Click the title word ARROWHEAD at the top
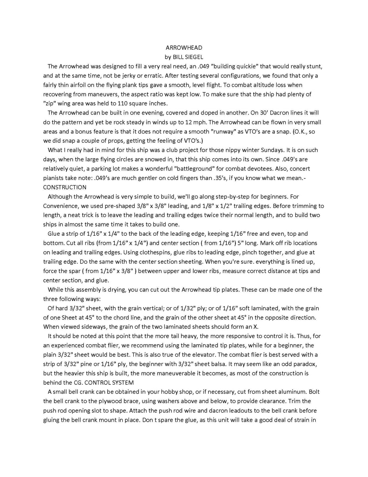coord(184,48)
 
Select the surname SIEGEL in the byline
coord(193,57)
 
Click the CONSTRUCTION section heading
coord(65,187)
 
